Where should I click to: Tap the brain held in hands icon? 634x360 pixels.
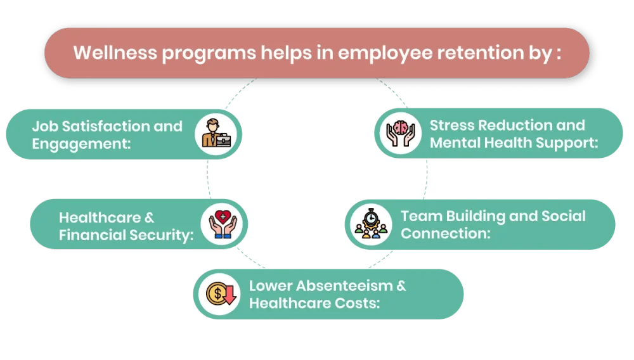click(x=401, y=132)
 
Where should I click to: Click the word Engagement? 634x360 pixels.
click(x=81, y=143)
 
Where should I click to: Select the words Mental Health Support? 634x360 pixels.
click(x=514, y=143)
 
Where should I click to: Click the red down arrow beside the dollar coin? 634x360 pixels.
click(x=230, y=295)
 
